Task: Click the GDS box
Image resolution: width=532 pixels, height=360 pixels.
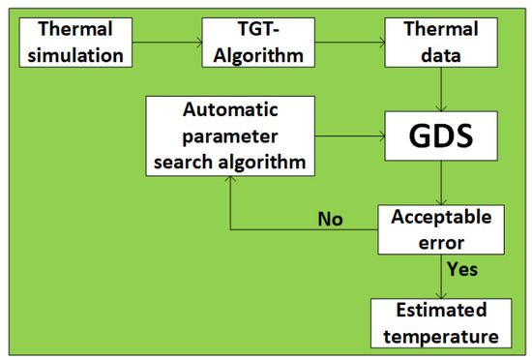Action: click(441, 135)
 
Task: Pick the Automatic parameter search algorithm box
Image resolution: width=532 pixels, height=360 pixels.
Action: click(230, 135)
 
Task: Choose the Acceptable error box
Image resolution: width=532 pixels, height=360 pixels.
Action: click(441, 228)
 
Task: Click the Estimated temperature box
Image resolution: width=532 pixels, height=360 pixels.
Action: click(441, 323)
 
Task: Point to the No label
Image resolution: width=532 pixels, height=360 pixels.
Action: click(332, 219)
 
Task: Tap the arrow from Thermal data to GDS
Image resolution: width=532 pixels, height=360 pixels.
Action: click(441, 89)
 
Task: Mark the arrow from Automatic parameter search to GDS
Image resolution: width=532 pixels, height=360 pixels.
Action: click(351, 135)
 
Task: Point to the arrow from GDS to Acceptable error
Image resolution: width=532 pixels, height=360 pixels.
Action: click(441, 183)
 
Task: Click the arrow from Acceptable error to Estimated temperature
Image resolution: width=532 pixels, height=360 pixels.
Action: click(441, 277)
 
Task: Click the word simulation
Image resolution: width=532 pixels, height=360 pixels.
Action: click(73, 55)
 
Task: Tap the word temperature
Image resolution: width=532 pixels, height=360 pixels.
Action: click(441, 336)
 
